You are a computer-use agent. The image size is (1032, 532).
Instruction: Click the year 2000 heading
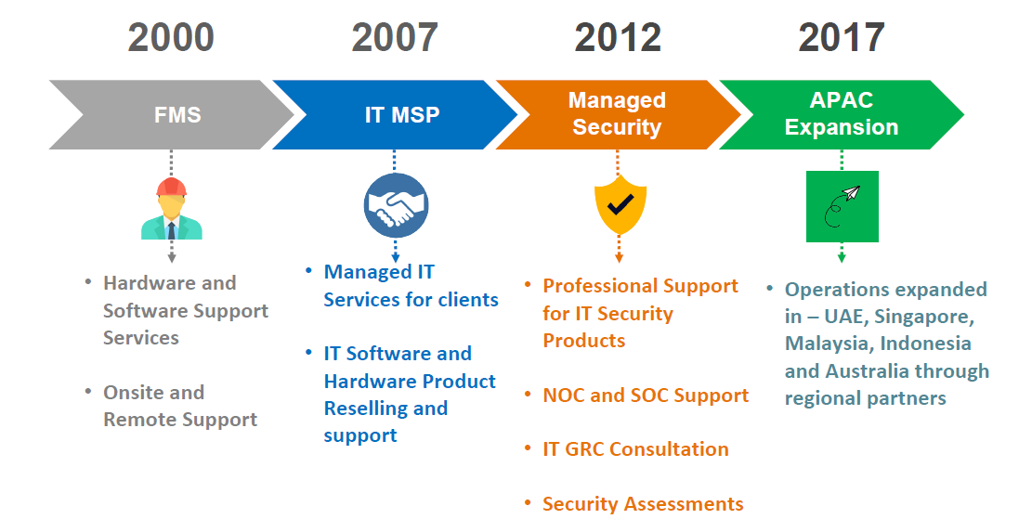point(171,37)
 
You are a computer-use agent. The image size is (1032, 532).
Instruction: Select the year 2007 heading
point(394,37)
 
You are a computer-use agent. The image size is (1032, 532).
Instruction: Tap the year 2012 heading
point(618,37)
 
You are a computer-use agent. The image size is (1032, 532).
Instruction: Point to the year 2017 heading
point(842,37)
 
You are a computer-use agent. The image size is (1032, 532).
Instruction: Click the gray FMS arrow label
point(177,115)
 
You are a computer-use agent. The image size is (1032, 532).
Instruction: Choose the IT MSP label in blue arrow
point(402,115)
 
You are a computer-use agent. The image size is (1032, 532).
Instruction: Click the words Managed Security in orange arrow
point(618,114)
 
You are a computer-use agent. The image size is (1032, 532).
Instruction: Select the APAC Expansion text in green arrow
point(842,114)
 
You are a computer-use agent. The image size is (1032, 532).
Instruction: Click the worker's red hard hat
point(171,187)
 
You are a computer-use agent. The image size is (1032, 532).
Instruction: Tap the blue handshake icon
point(397,206)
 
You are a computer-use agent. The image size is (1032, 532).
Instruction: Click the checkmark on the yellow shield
point(620,204)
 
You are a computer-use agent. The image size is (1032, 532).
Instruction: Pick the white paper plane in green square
point(851,193)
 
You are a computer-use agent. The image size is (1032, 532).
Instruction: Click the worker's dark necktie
point(171,230)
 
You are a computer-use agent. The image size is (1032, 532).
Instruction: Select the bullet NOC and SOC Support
point(646,396)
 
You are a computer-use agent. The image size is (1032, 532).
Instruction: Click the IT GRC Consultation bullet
point(635,449)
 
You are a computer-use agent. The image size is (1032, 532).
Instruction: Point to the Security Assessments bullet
point(643,504)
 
